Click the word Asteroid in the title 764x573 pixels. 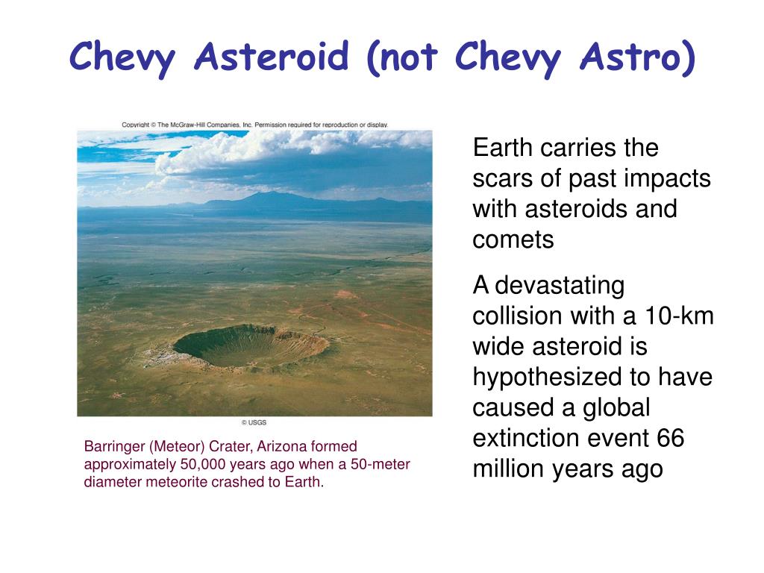[272, 56]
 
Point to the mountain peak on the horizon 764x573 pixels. [273, 195]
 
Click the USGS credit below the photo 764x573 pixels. [254, 422]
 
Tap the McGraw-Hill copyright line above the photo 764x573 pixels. [255, 125]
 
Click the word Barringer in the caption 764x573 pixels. [114, 447]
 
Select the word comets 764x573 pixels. [513, 240]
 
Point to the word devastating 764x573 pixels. [560, 286]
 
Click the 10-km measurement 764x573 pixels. [679, 316]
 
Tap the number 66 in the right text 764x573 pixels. [671, 438]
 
